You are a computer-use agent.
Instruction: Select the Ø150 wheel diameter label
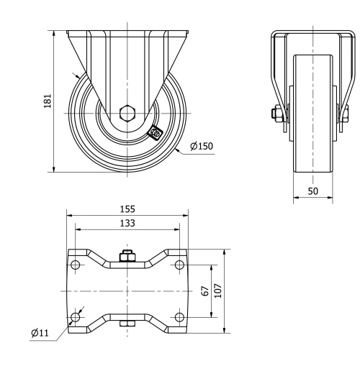[202, 146]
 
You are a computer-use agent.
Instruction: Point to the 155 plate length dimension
[127, 209]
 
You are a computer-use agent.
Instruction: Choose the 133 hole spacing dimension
[127, 223]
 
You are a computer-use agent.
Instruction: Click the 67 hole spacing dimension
[205, 290]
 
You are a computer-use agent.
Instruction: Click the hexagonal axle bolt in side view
[127, 113]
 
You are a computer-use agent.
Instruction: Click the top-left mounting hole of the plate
[76, 265]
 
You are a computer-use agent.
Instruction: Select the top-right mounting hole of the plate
[179, 265]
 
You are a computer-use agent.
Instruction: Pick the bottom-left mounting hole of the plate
[76, 316]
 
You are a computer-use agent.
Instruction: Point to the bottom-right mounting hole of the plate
[179, 316]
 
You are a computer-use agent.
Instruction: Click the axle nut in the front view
[277, 113]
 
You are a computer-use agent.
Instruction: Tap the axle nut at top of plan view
[127, 256]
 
